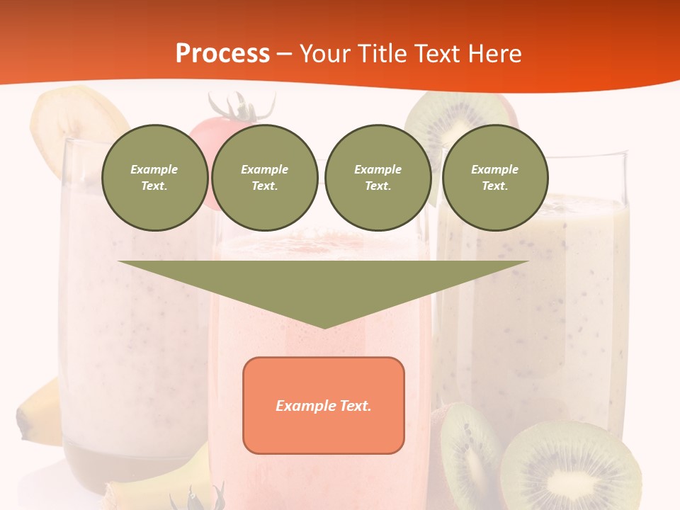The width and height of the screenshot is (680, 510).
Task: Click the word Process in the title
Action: (x=222, y=54)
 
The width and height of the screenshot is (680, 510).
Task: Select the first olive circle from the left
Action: (x=154, y=178)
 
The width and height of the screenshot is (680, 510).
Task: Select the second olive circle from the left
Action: (x=265, y=178)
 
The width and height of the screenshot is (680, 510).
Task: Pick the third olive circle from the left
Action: (x=378, y=178)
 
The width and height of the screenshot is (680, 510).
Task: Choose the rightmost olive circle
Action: (x=495, y=178)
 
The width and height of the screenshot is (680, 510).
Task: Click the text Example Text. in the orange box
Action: (x=324, y=406)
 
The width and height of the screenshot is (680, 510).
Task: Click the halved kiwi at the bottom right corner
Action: (x=570, y=467)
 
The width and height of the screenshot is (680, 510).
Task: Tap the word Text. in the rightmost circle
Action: (x=495, y=186)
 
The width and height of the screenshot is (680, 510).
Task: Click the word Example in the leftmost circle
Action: (x=154, y=169)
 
